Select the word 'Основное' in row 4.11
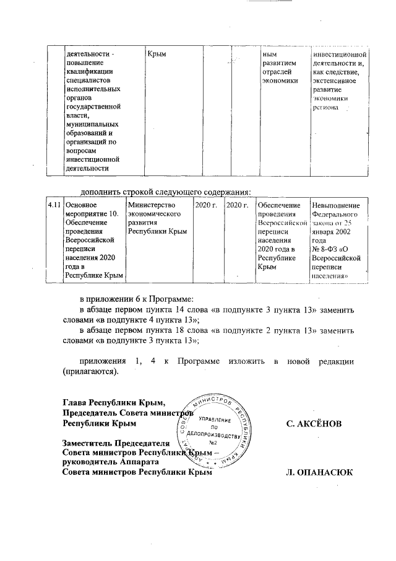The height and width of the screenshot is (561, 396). click(x=82, y=205)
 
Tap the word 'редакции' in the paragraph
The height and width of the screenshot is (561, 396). click(x=335, y=362)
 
